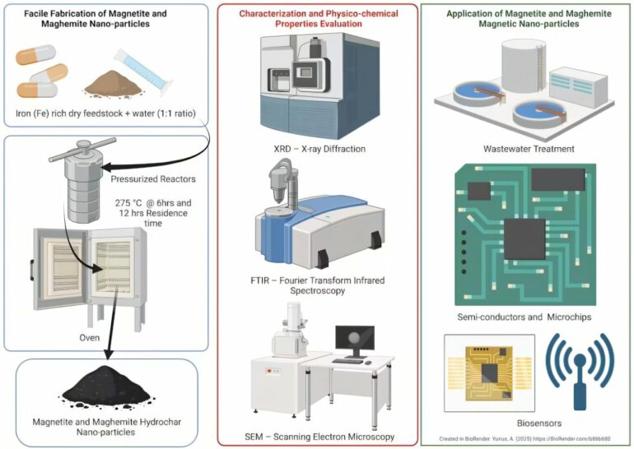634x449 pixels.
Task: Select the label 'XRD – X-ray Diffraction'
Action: [319, 149]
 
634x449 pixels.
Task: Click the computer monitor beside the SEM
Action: [355, 340]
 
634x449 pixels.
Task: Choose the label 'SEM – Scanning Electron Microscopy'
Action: [319, 436]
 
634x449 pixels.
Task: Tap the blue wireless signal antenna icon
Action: [580, 370]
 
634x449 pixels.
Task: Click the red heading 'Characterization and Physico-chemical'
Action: [319, 15]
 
